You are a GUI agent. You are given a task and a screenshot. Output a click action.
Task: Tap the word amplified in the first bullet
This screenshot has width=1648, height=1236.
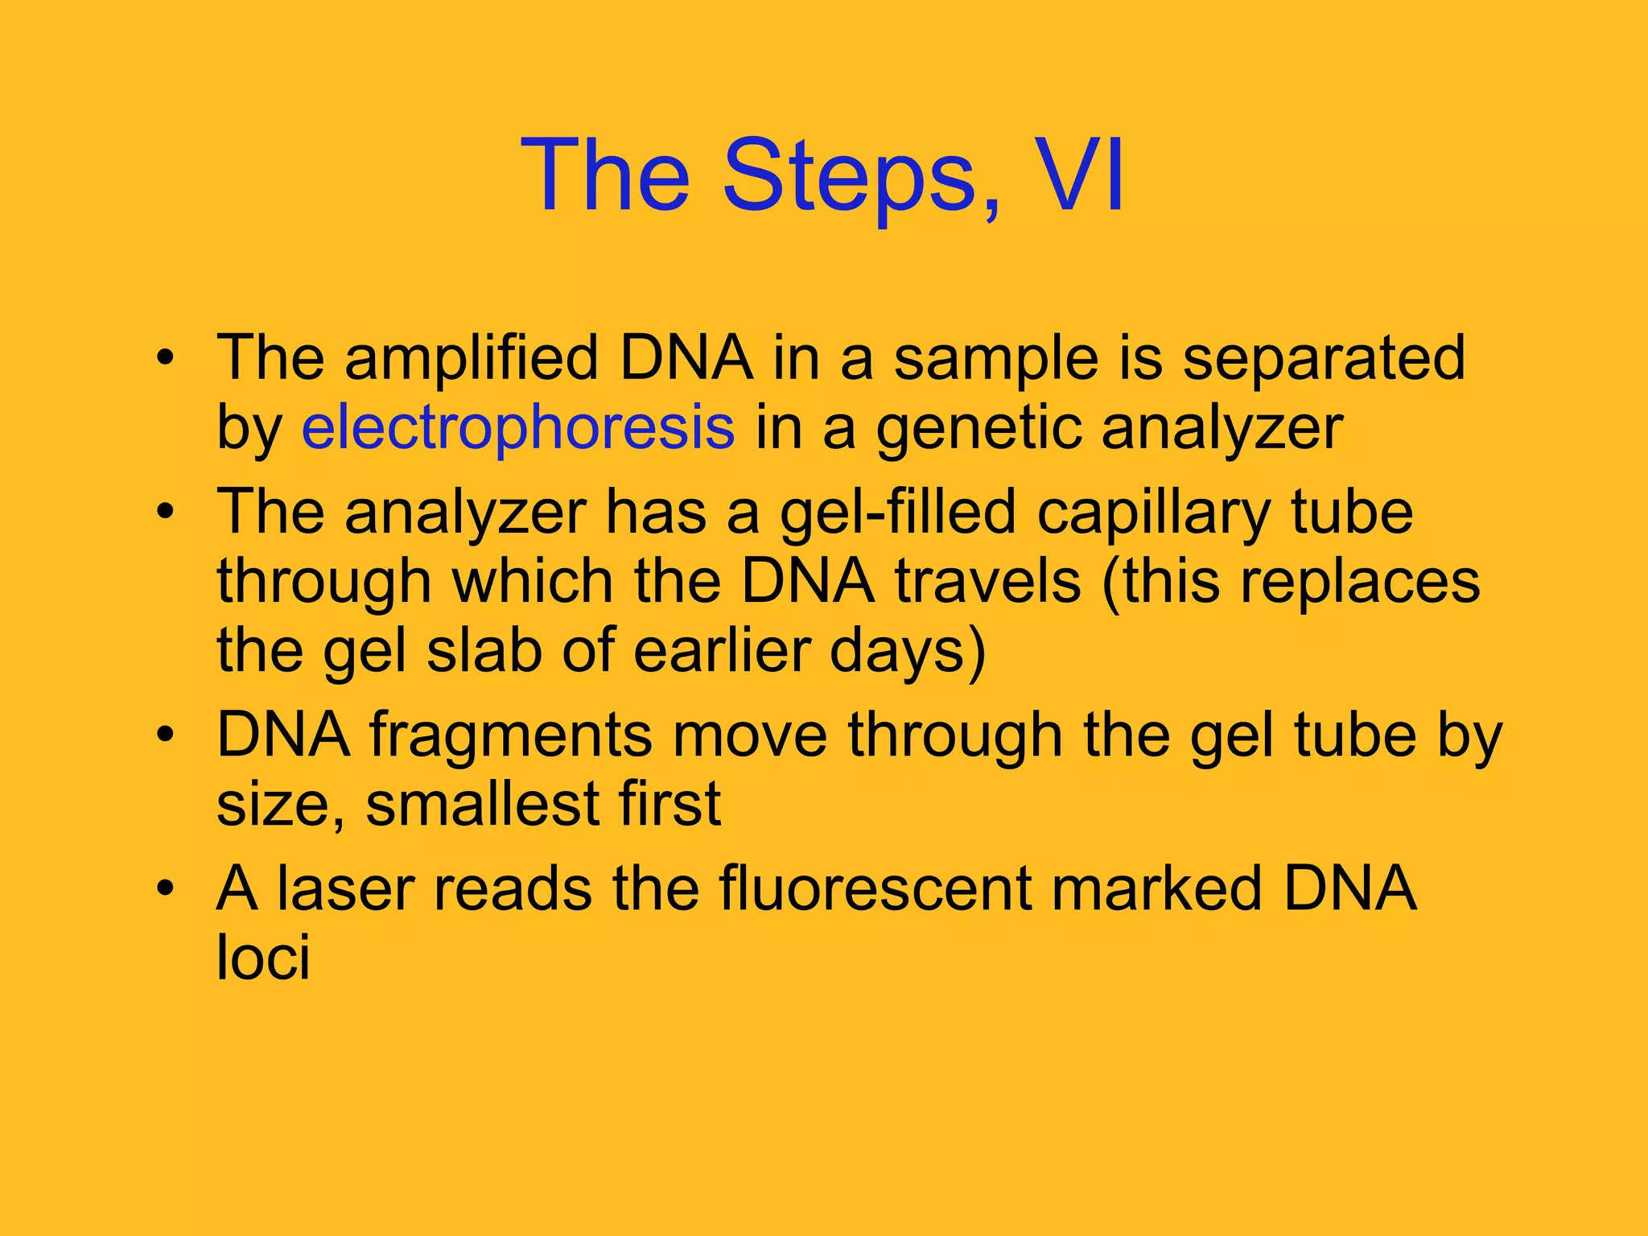point(472,358)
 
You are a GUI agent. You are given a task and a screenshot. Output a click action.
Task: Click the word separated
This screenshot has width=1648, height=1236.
point(1323,358)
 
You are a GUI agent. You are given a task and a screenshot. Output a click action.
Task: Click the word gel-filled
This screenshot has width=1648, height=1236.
point(897,513)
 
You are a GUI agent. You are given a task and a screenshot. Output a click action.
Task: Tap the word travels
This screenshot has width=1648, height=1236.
point(988,581)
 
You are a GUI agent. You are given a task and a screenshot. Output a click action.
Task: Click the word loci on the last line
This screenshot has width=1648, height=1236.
point(262,958)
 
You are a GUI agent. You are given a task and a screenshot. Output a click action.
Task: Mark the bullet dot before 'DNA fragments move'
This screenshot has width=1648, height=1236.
point(165,735)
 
